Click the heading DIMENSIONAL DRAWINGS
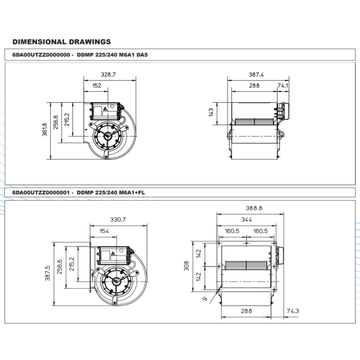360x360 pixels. (x=61, y=42)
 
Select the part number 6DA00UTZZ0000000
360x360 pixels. (x=40, y=56)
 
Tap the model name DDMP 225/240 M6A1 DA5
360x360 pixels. (x=112, y=56)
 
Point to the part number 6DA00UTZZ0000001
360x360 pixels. (x=40, y=192)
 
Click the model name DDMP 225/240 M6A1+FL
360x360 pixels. (x=112, y=192)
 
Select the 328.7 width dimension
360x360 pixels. (x=108, y=75)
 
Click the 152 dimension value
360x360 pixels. (x=97, y=85)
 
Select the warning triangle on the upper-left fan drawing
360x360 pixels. (x=104, y=109)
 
